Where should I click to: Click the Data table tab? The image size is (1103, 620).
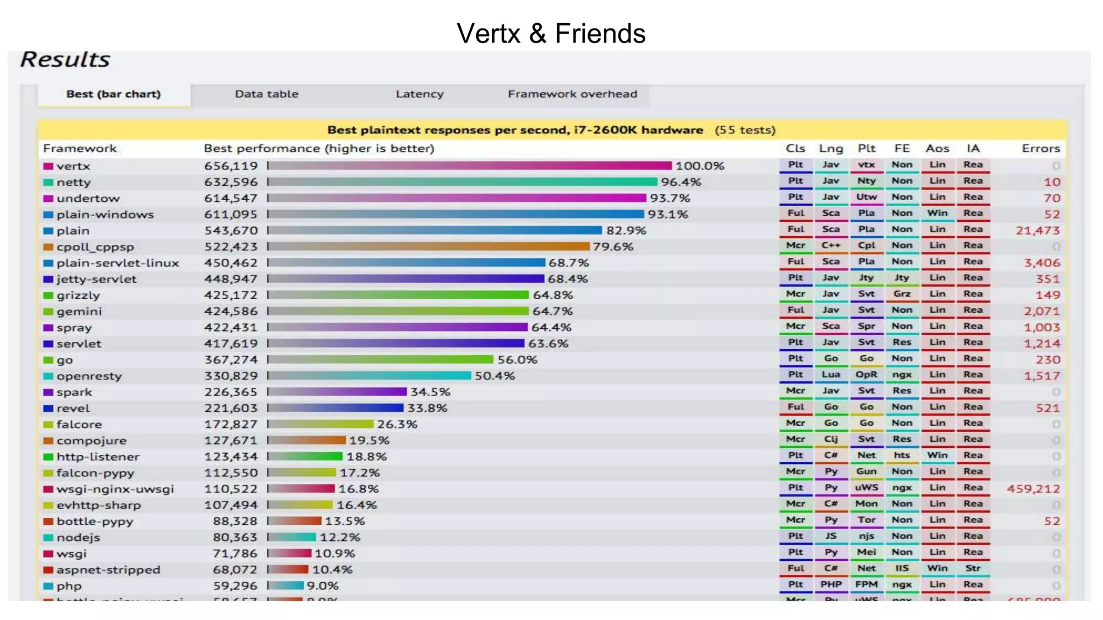[x=267, y=94]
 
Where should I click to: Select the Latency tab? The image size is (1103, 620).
[x=420, y=94]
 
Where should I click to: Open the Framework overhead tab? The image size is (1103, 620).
[x=572, y=94]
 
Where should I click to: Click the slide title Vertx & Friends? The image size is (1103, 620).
[x=551, y=33]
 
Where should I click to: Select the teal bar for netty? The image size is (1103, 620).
[x=463, y=182]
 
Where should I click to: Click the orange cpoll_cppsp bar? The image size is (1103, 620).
[x=429, y=246]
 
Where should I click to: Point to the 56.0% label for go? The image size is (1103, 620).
[x=517, y=360]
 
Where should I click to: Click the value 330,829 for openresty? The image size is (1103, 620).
[x=231, y=376]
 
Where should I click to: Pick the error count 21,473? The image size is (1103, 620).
[x=1037, y=230]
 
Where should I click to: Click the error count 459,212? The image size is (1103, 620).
[x=1033, y=489]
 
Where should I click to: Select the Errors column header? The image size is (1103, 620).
[x=1041, y=149]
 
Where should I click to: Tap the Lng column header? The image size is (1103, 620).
[x=830, y=149]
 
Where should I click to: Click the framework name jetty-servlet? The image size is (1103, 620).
[x=96, y=279]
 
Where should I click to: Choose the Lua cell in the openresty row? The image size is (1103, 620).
[x=830, y=375]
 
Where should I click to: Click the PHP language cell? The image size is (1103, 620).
[x=830, y=584]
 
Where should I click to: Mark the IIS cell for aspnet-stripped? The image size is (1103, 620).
[x=902, y=568]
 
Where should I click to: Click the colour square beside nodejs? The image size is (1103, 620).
[x=48, y=538]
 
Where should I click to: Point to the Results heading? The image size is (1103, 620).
[x=65, y=59]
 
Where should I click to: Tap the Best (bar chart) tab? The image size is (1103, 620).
[x=113, y=94]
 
